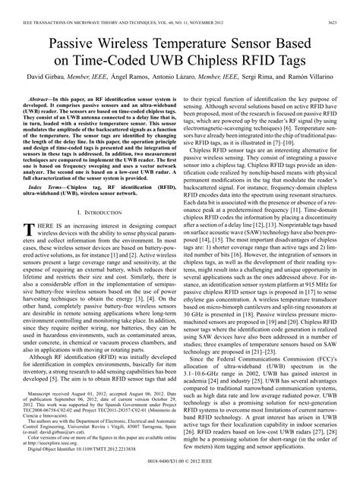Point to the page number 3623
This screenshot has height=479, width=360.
point(343,8)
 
